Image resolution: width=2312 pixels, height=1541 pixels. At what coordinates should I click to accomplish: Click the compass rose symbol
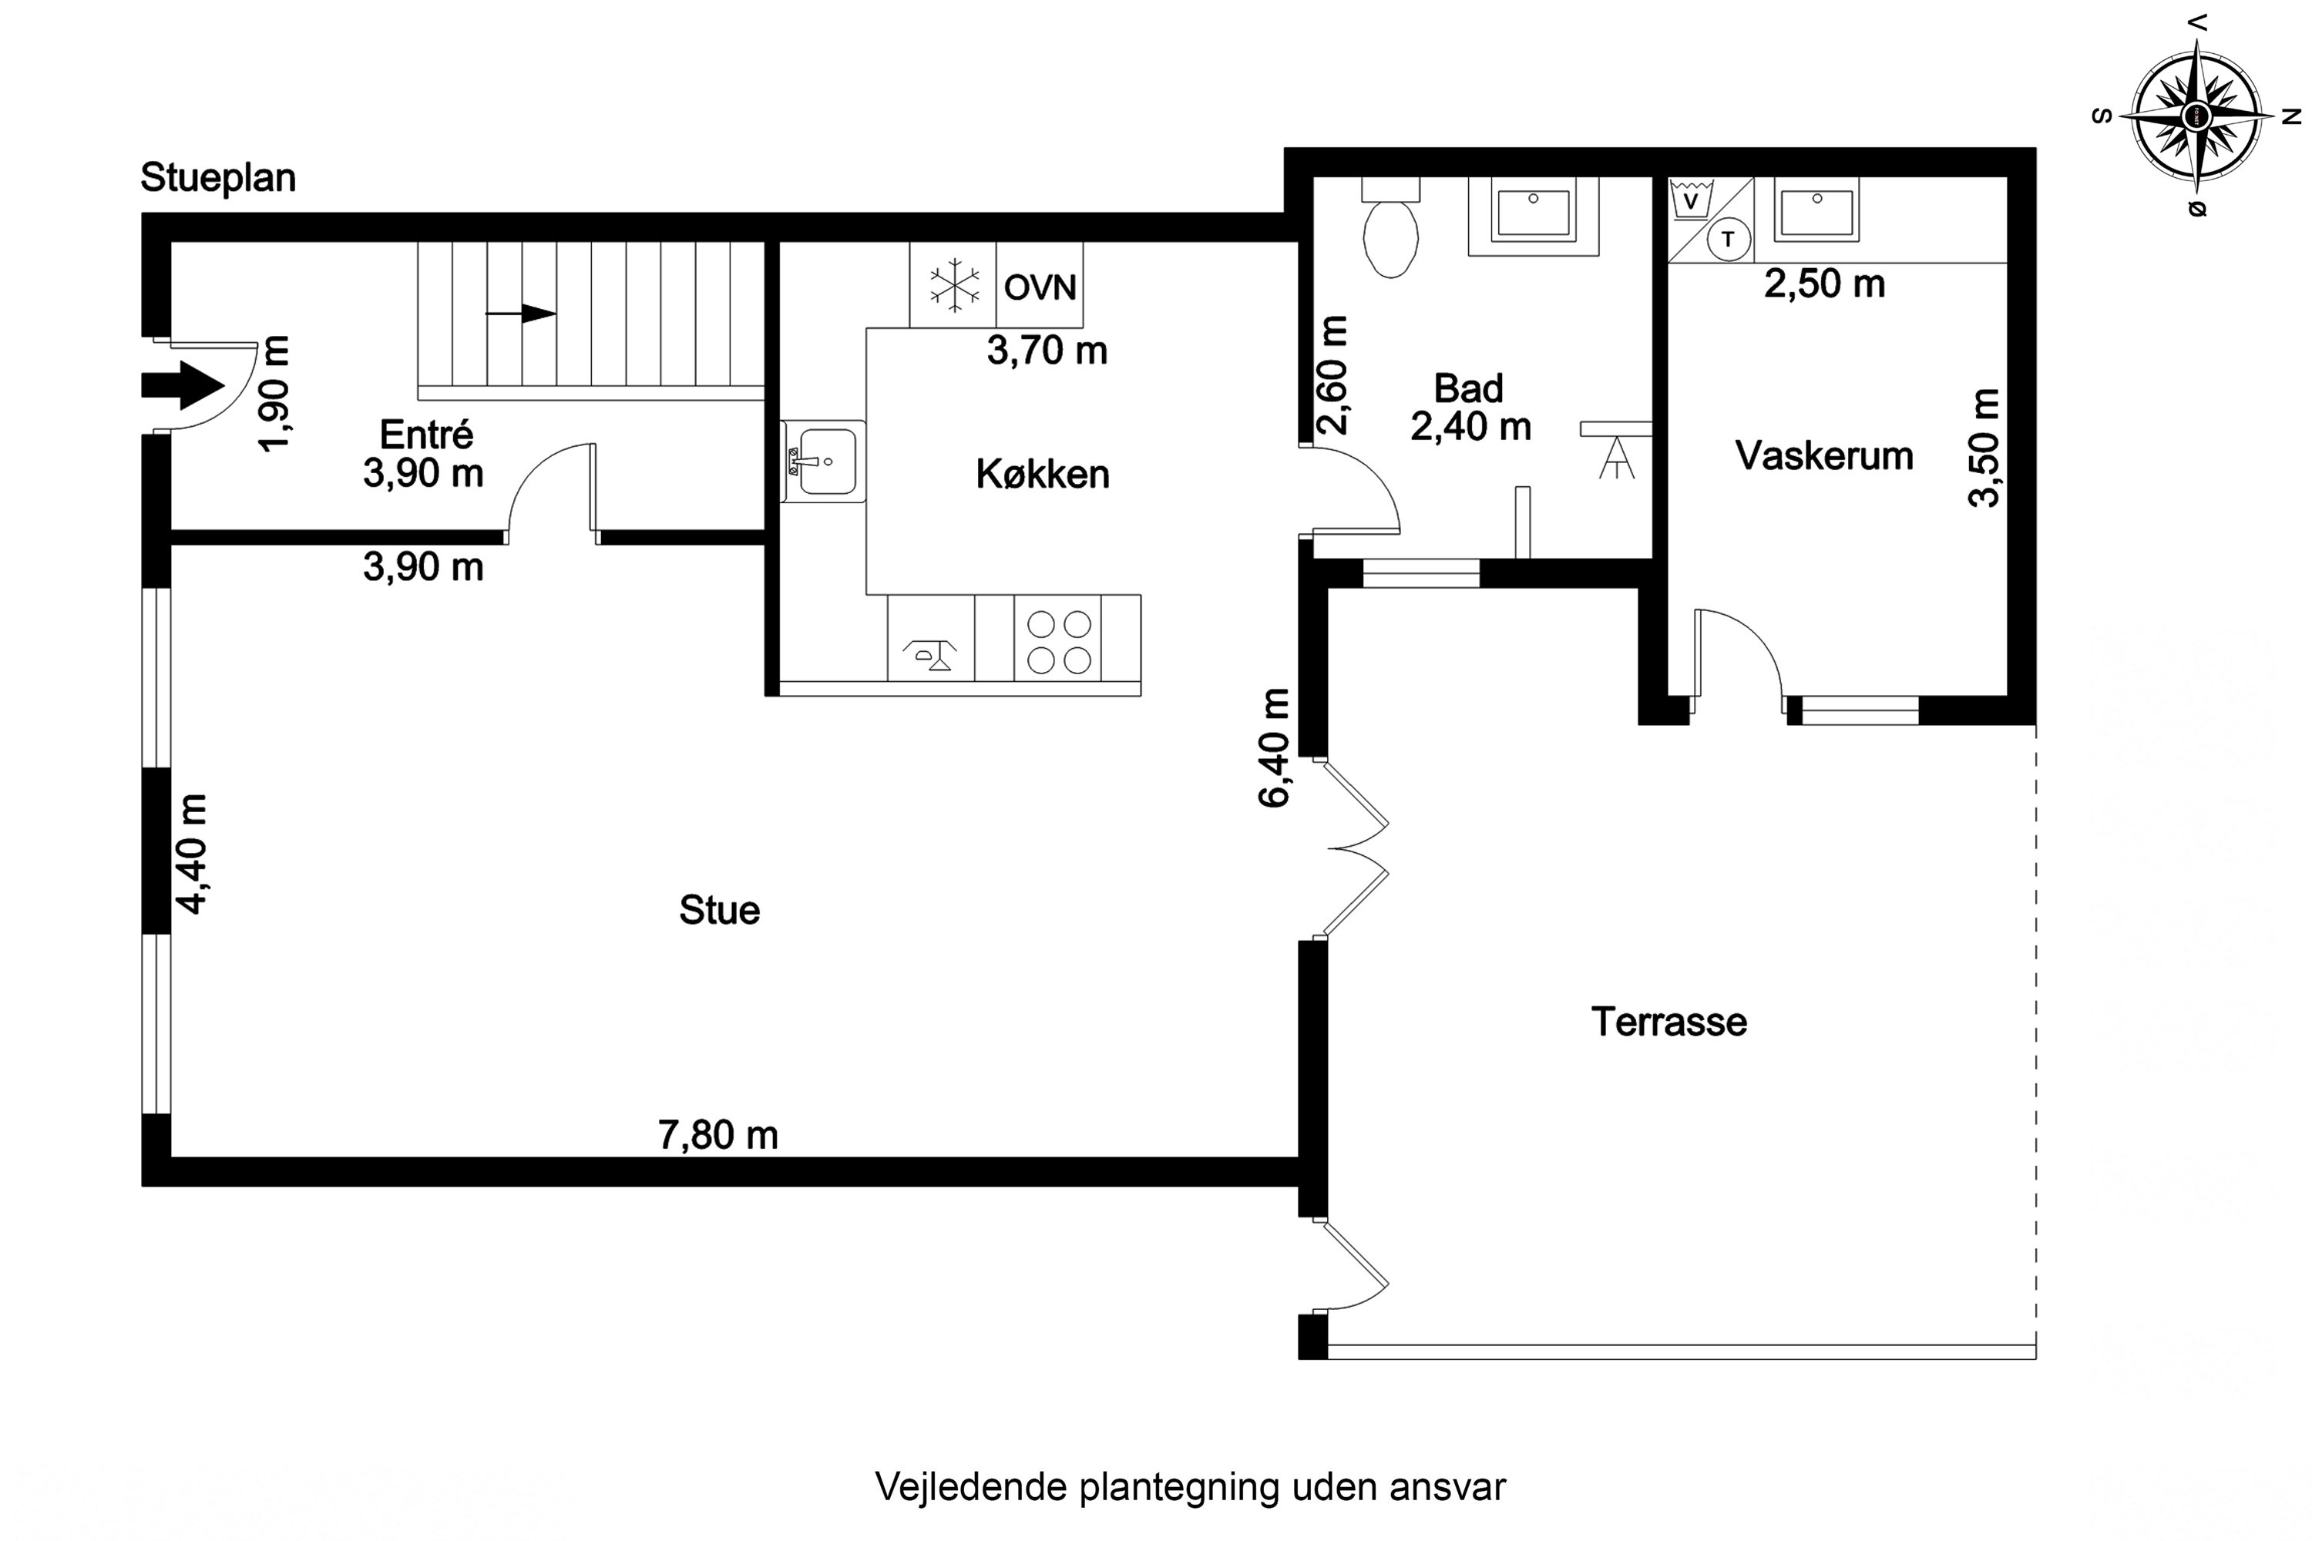pyautogui.click(x=2198, y=117)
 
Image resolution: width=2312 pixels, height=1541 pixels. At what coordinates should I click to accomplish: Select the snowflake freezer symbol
pyautogui.click(x=953, y=286)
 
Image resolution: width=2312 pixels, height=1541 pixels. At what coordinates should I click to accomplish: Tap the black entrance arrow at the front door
pyautogui.click(x=183, y=384)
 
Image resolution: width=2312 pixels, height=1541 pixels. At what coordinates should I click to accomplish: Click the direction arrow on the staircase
pyautogui.click(x=521, y=314)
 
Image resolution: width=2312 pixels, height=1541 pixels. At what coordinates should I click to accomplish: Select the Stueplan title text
pyautogui.click(x=218, y=178)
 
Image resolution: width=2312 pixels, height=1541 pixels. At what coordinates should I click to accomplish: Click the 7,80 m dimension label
pyautogui.click(x=717, y=1135)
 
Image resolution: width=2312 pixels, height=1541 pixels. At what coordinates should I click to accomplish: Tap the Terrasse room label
pyautogui.click(x=1669, y=1022)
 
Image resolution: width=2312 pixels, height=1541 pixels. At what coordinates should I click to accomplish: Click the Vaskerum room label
pyautogui.click(x=1824, y=456)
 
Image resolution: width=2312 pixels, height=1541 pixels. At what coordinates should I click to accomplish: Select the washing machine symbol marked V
pyautogui.click(x=1691, y=200)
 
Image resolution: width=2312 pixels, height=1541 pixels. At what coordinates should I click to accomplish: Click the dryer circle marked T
pyautogui.click(x=1728, y=239)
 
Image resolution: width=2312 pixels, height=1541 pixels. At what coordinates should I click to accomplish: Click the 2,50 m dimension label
pyautogui.click(x=1824, y=284)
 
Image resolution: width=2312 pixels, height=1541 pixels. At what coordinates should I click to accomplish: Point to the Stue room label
pyautogui.click(x=720, y=910)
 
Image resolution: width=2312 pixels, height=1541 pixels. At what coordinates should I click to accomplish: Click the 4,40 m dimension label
pyautogui.click(x=193, y=854)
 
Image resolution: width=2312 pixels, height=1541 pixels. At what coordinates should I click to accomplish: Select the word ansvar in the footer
pyautogui.click(x=1447, y=1487)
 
